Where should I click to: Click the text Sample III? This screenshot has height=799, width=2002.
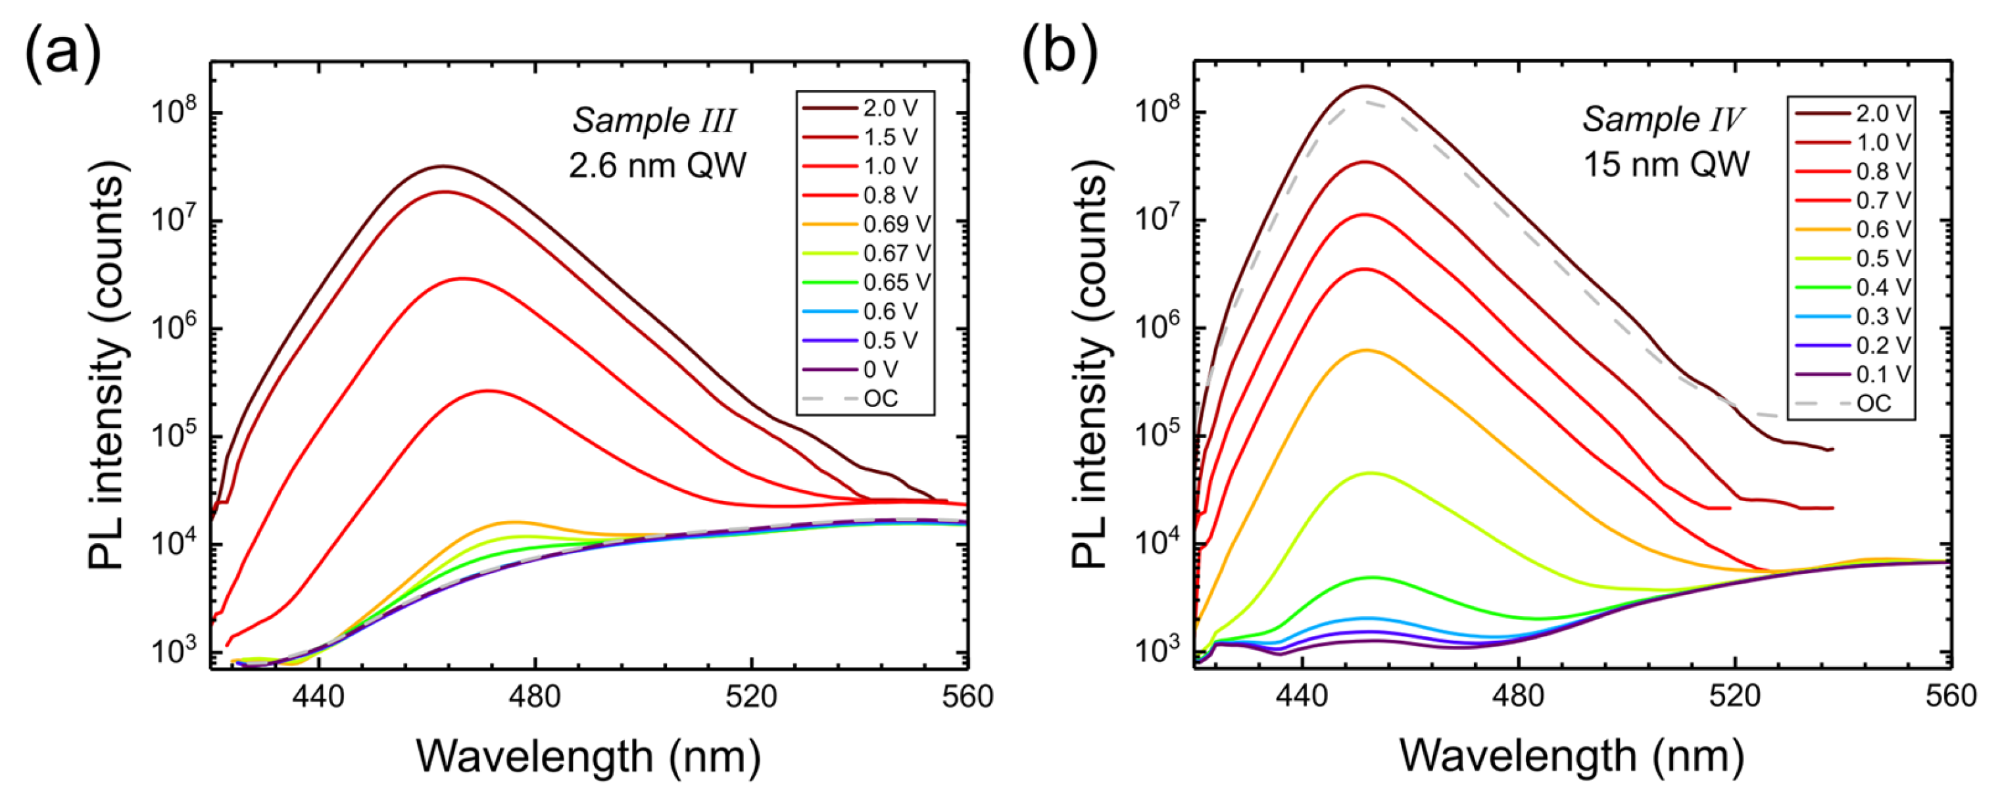[x=654, y=121]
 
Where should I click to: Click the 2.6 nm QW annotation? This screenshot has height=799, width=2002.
[x=657, y=166]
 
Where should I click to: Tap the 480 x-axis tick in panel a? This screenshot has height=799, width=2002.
[x=535, y=696]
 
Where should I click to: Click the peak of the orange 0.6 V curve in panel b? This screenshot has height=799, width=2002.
[x=1366, y=351]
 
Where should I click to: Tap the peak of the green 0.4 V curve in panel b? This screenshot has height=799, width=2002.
[x=1371, y=577]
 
